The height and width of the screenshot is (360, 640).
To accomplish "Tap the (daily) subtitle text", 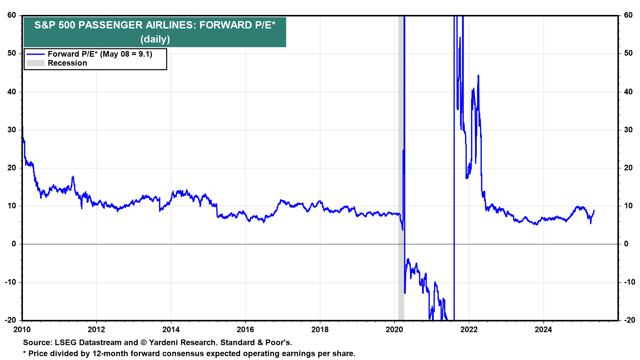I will pos(155,39).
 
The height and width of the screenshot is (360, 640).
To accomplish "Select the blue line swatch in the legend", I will pos(35,54).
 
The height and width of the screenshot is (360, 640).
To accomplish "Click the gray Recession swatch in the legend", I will pos(35,63).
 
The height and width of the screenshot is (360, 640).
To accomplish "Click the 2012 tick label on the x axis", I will pos(96,330).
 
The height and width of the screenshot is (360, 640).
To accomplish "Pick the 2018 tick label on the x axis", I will pos(320,330).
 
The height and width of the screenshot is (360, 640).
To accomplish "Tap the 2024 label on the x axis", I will pos(543,330).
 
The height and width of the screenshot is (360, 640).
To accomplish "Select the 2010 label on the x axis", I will pos(22,330).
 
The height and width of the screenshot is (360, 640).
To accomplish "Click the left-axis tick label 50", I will pos(12,53).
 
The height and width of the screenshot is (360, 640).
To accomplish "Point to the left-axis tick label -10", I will pos(10,282).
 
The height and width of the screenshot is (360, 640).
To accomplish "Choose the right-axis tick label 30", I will pos(628,130).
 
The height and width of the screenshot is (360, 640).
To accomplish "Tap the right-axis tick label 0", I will pos(626,244).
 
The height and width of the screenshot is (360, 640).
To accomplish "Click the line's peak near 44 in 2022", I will pos(478,76).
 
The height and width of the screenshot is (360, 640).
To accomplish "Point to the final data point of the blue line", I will pos(594,210).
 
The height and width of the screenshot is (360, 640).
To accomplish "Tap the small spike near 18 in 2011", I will pos(73,177).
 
